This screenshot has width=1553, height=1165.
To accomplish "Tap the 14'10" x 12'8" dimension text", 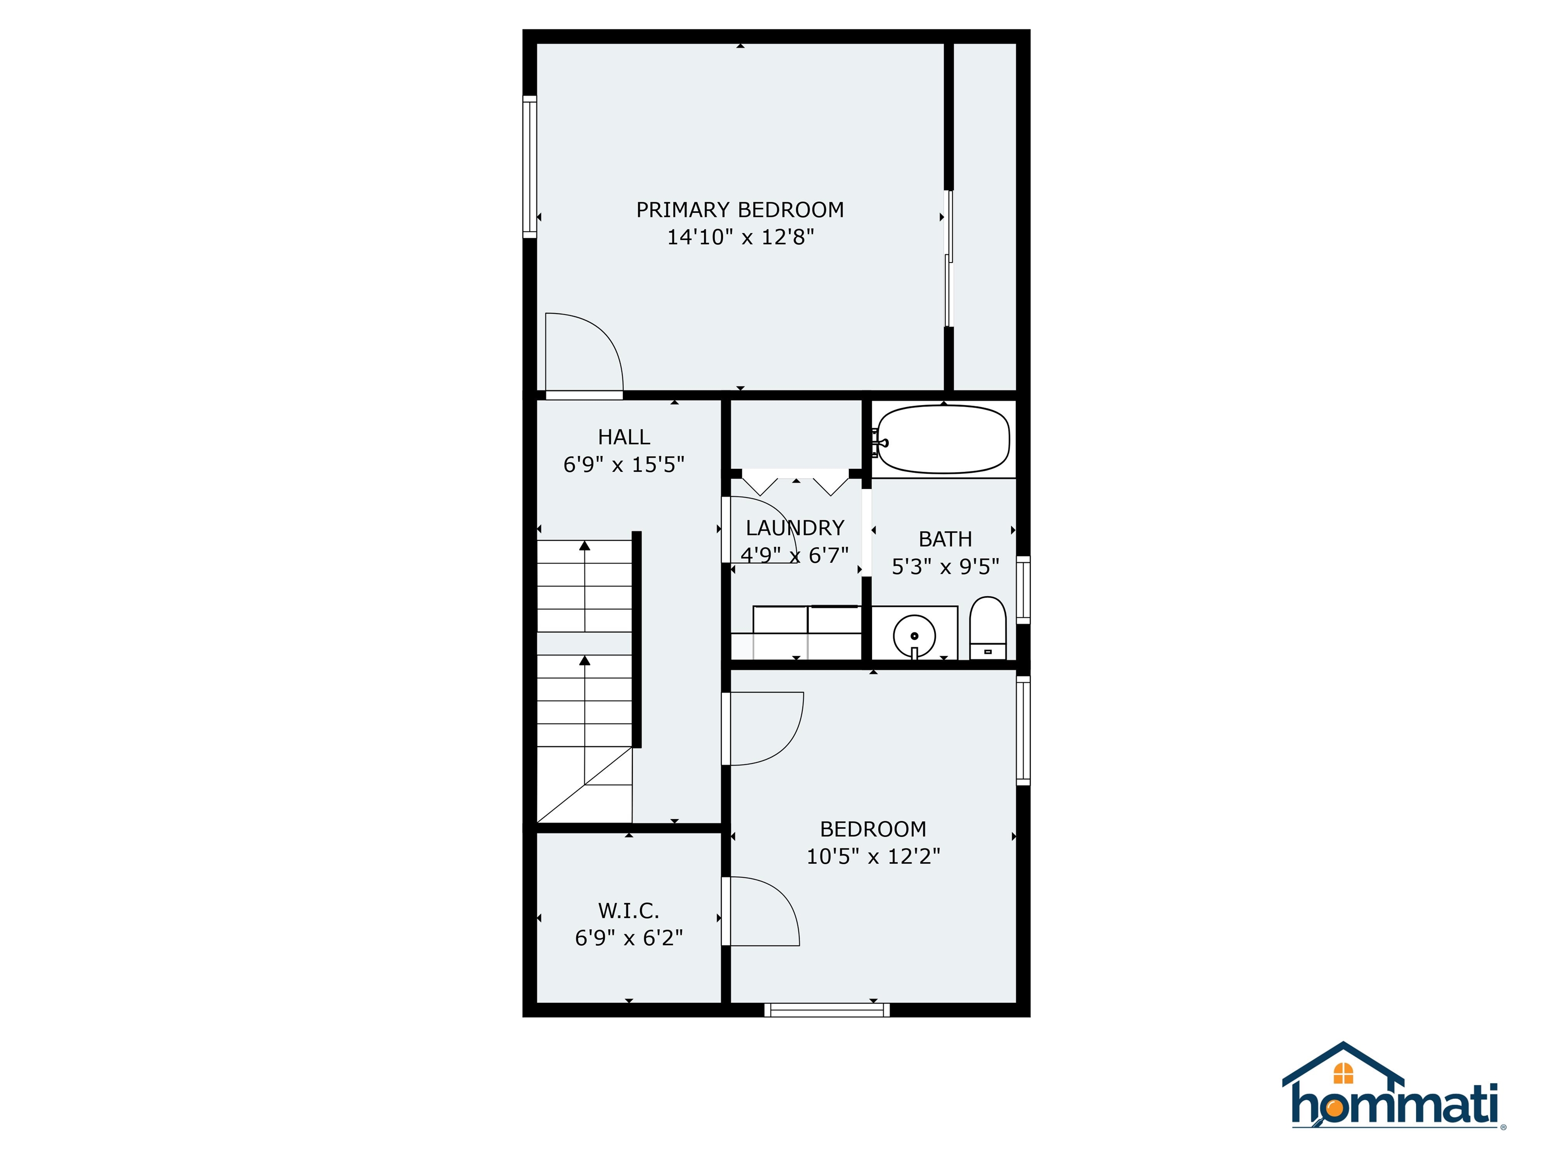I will coord(740,237).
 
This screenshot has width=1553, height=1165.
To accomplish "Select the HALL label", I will coord(623,437).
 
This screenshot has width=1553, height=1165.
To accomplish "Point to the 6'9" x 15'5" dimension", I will coord(623,465).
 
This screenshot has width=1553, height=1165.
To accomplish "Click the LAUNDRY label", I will coord(795,528).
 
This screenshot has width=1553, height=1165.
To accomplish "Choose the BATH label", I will coord(945,540).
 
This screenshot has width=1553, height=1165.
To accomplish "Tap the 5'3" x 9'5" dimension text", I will coord(945,567).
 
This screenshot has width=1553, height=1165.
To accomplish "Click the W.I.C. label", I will coord(628,911).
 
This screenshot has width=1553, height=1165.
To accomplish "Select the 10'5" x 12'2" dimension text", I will coord(873,857).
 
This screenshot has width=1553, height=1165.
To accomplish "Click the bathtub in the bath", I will coord(944,440).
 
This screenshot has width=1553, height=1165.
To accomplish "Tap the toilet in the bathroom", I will coord(987,626).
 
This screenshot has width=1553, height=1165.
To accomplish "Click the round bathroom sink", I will coord(914,636).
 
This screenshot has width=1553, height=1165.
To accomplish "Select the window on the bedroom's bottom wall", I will coord(827,1010).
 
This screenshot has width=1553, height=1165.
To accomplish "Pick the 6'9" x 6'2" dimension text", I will coord(628,938).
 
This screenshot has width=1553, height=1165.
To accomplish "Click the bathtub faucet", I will coord(878,442).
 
